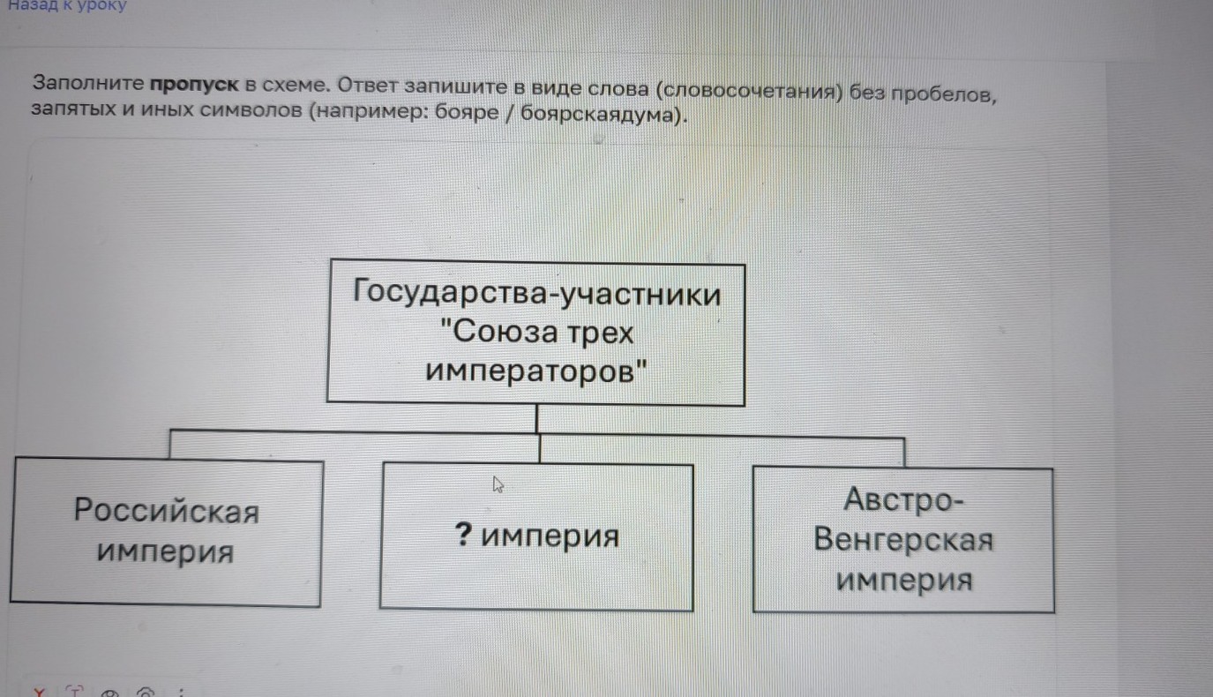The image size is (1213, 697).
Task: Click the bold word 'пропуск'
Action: tap(194, 86)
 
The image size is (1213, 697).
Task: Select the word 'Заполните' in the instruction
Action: tap(88, 85)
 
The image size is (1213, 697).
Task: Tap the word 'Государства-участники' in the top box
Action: tap(536, 292)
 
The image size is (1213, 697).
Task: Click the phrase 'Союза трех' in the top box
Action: tap(541, 333)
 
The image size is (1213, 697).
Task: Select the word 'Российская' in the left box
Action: tap(167, 510)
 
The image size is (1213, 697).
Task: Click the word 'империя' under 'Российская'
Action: tap(166, 552)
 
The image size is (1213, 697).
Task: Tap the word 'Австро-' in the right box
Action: tap(904, 499)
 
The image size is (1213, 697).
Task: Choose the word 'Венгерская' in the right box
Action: tap(903, 540)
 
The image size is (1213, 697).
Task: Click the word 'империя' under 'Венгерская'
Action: tap(904, 581)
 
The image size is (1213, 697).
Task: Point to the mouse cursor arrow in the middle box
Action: tap(498, 483)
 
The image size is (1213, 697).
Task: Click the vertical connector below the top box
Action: tap(537, 419)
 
